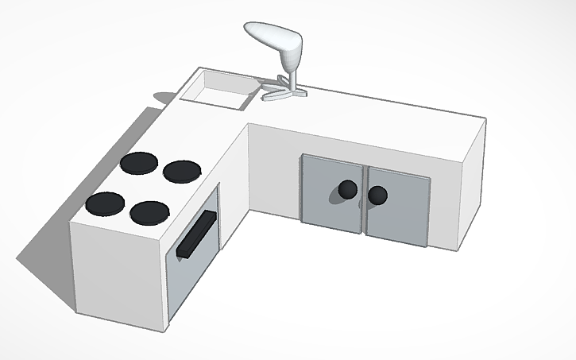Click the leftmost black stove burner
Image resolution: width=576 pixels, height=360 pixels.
pyautogui.click(x=106, y=204)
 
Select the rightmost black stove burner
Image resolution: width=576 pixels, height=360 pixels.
pyautogui.click(x=181, y=170)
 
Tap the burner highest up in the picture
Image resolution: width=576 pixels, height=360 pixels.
pyautogui.click(x=140, y=163)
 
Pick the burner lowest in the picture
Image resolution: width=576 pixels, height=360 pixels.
pyautogui.click(x=149, y=212)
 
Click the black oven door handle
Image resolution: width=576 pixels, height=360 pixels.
pyautogui.click(x=197, y=237)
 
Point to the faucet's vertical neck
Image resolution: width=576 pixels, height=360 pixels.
pyautogui.click(x=291, y=75)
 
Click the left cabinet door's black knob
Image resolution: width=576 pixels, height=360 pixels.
pyautogui.click(x=347, y=189)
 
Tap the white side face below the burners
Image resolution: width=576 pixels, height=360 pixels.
pyautogui.click(x=119, y=274)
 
